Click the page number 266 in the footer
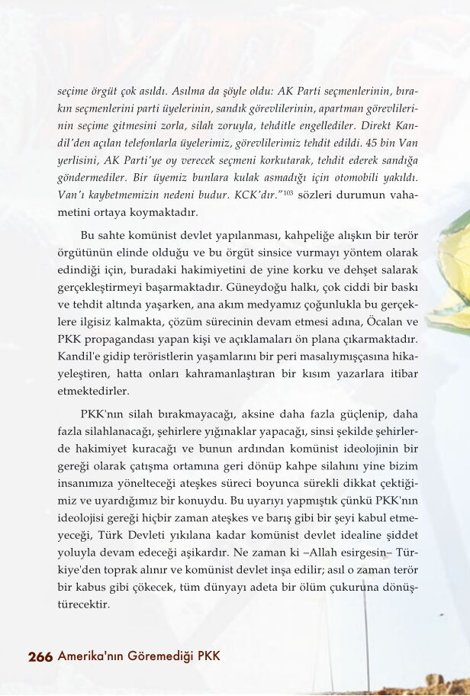[40, 657]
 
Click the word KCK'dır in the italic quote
[260, 195]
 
